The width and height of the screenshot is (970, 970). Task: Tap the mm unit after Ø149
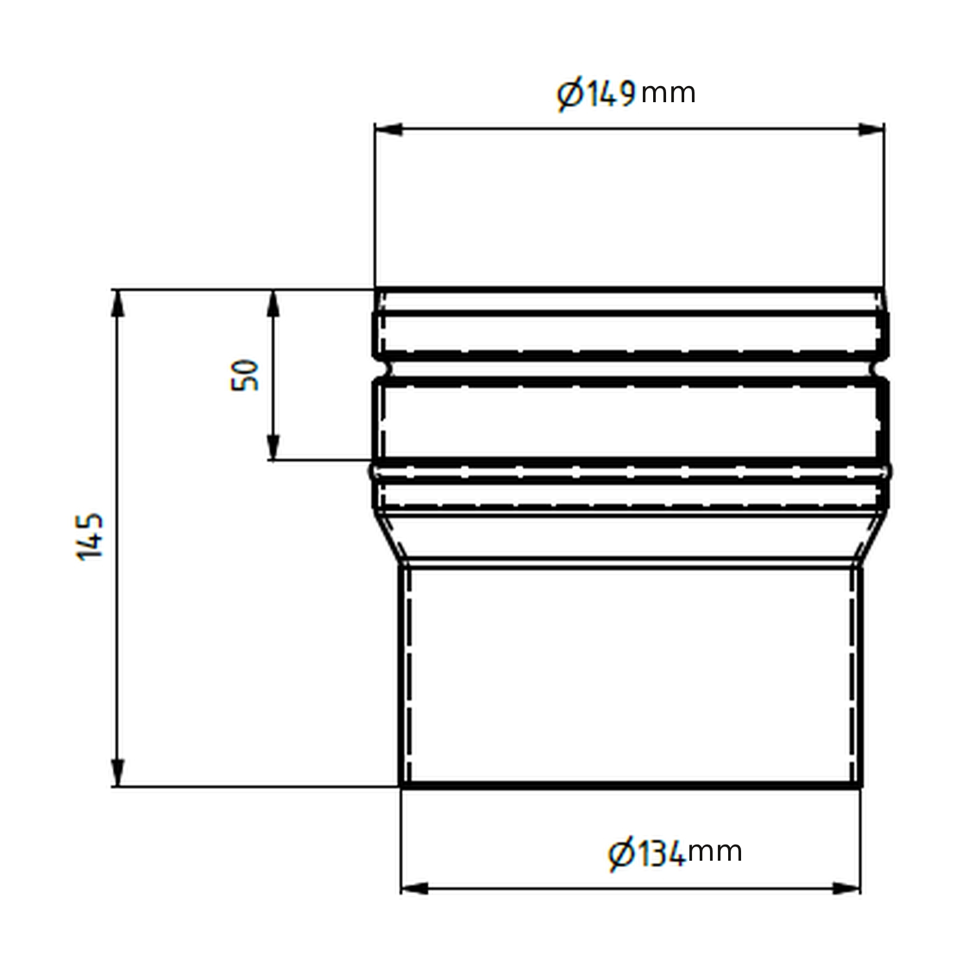click(669, 94)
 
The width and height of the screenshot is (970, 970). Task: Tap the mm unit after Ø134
click(715, 852)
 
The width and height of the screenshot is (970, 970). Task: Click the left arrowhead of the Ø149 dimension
click(388, 129)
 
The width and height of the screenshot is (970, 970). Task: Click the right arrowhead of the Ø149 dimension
click(871, 129)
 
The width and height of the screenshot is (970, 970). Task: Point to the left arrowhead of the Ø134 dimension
click(414, 888)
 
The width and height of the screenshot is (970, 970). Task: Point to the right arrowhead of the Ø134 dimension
click(847, 888)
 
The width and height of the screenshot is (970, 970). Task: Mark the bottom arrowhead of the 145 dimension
click(117, 773)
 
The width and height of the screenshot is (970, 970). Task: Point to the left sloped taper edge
click(393, 537)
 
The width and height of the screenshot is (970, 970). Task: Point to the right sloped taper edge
click(870, 537)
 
